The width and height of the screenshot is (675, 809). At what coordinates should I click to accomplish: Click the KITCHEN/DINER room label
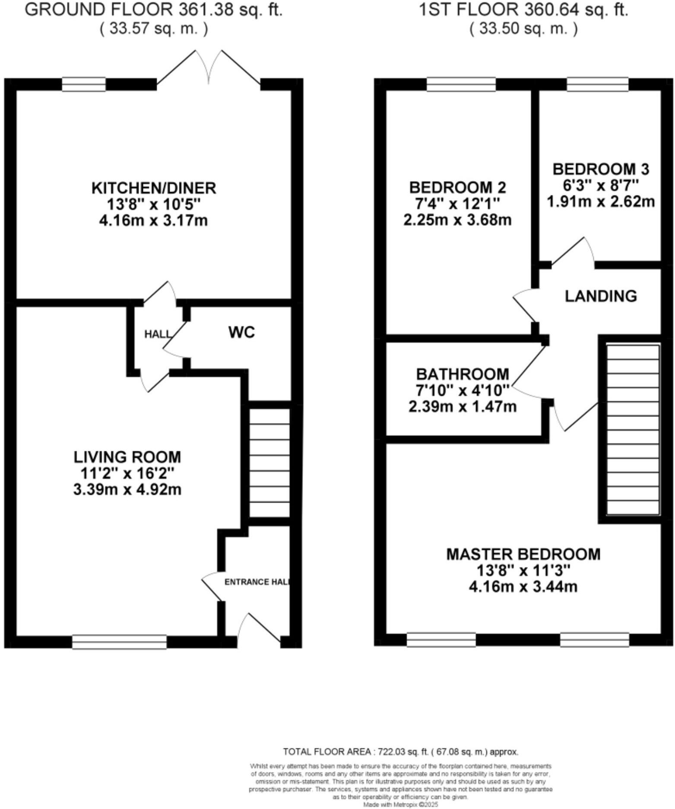coord(154,188)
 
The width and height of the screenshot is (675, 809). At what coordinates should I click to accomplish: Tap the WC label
coord(241,332)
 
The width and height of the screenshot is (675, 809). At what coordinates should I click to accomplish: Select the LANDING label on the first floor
coord(601,296)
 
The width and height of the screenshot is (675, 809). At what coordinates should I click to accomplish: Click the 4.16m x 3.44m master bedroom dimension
coord(523,587)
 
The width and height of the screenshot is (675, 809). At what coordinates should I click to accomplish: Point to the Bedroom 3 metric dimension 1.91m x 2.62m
coord(601,201)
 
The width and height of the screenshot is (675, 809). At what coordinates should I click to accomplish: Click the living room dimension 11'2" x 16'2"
coord(127,473)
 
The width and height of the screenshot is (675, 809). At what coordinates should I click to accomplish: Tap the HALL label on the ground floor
coord(157,334)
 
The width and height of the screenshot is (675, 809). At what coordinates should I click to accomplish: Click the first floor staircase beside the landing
coord(633,429)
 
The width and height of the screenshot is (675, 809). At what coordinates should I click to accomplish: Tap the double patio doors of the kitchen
coord(209,69)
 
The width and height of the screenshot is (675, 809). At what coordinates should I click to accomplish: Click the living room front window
coord(119,642)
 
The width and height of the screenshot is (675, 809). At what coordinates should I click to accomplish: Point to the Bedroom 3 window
coord(597,84)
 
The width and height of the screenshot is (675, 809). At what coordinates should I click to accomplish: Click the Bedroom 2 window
coord(461,84)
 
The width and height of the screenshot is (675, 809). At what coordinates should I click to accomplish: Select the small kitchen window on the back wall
coord(84,84)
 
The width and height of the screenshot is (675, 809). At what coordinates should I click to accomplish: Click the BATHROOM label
coord(463,374)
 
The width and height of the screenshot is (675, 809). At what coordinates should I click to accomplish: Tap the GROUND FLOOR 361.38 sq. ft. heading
coord(154,9)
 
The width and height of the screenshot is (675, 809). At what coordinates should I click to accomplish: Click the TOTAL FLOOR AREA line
coord(400,752)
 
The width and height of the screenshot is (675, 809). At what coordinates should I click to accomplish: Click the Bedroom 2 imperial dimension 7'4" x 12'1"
coord(457,204)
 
